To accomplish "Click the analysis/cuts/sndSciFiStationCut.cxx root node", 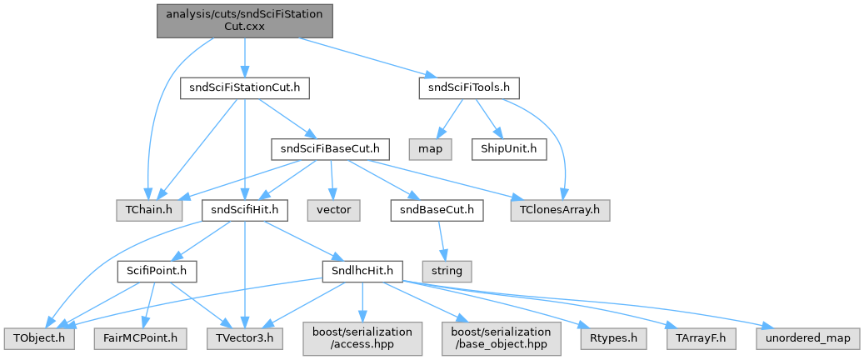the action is click(245, 22).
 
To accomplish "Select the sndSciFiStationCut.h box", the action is click(245, 89).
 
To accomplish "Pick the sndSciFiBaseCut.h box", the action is click(331, 149).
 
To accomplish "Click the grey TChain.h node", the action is click(149, 211).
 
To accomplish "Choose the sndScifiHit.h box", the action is click(245, 211).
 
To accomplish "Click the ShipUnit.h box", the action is click(509, 149).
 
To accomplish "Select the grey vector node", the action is click(333, 211).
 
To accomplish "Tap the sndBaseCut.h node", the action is click(437, 211).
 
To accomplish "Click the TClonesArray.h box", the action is click(561, 211).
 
